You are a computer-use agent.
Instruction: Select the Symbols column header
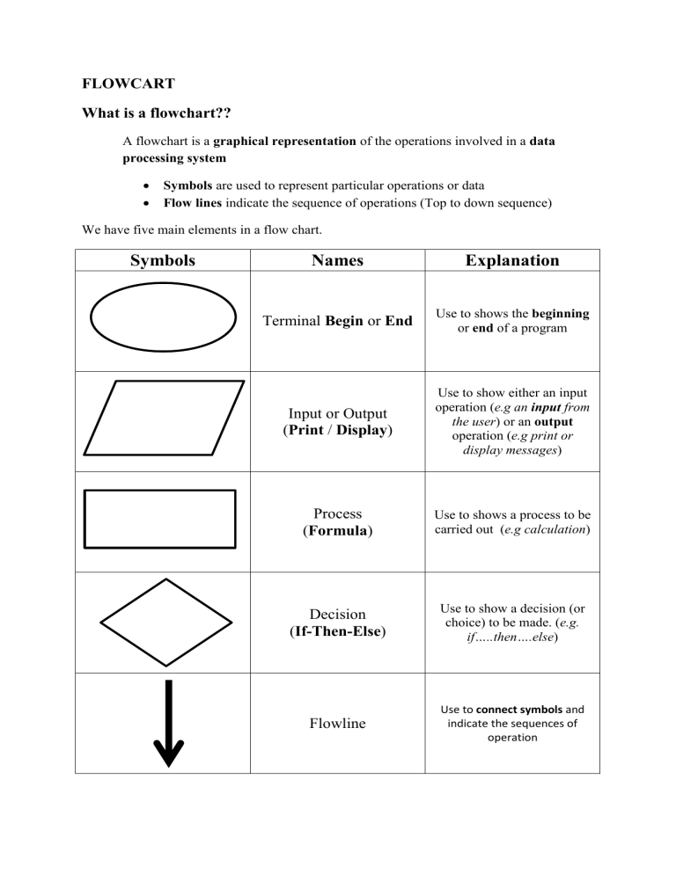pos(163,260)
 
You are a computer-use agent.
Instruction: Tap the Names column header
pos(338,260)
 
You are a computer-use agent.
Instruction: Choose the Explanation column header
pos(512,260)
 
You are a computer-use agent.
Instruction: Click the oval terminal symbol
pos(163,319)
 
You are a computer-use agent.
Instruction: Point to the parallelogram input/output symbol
pos(163,418)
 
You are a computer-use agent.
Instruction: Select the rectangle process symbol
pos(159,520)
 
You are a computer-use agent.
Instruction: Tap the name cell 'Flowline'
pos(338,724)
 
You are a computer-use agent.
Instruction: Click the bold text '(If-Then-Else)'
pos(338,630)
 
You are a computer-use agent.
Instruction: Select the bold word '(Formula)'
pos(338,531)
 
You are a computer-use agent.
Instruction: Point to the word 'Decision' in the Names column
pos(338,615)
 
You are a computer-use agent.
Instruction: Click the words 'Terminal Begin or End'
pos(338,321)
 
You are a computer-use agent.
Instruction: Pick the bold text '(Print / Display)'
pos(338,430)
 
